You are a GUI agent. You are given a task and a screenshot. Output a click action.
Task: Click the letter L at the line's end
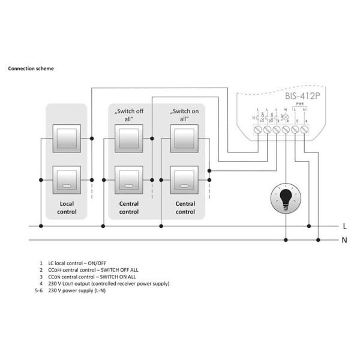click(x=344, y=227)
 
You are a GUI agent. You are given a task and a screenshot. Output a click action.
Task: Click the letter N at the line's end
click(x=344, y=241)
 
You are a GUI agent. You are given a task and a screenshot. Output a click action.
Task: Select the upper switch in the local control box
click(x=67, y=138)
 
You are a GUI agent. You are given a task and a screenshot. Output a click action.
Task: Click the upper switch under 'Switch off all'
click(x=128, y=138)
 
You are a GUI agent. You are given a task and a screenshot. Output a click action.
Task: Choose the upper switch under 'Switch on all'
click(x=184, y=138)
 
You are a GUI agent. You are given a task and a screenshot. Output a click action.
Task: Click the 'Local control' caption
click(x=67, y=208)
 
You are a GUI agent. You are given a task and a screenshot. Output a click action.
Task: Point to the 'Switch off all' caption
click(x=128, y=115)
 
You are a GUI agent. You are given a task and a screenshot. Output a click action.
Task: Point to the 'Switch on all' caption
click(x=184, y=115)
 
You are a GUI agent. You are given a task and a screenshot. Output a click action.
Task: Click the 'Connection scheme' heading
click(x=31, y=68)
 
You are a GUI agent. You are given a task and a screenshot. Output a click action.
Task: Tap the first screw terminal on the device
click(x=258, y=128)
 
